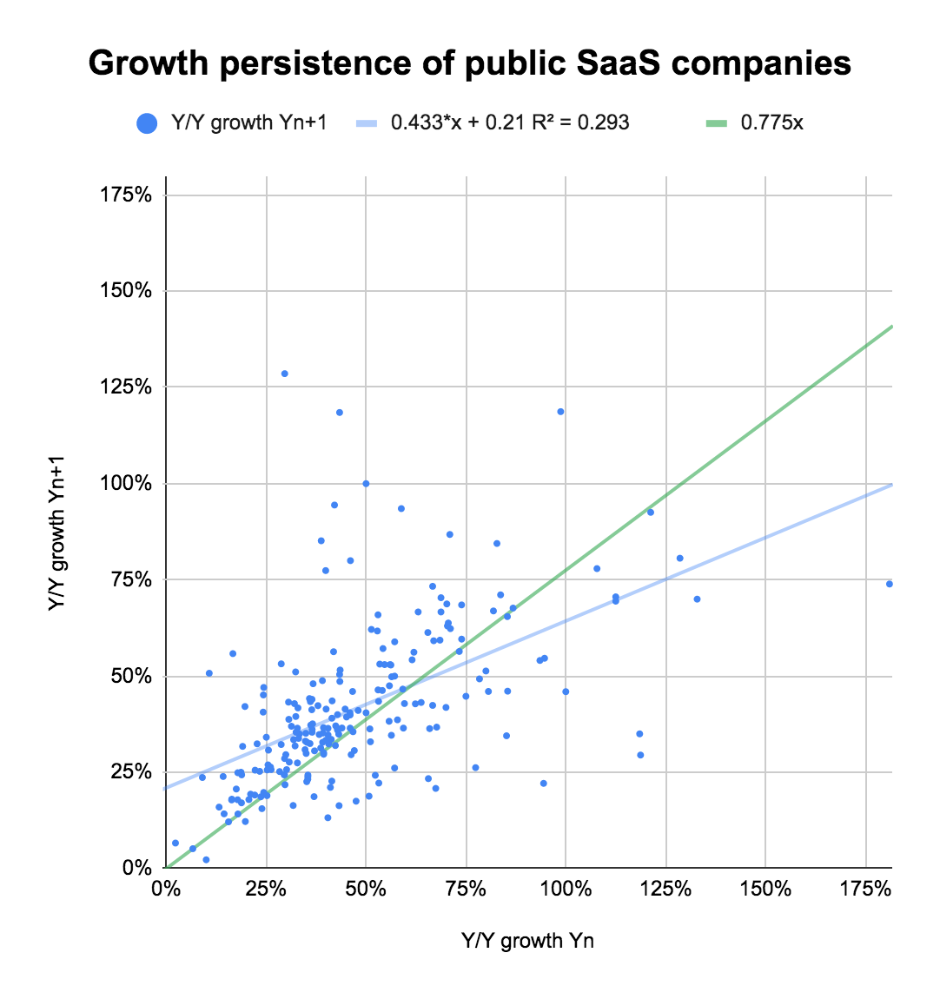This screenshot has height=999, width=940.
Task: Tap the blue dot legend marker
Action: tap(147, 122)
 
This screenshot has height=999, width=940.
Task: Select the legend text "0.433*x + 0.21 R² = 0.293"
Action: tap(510, 122)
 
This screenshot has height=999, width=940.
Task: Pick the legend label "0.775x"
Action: tap(771, 122)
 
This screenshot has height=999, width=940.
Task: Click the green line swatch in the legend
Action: tap(716, 122)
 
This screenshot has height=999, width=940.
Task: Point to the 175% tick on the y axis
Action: tap(127, 195)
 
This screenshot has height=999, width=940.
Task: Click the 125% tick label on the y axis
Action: tap(127, 387)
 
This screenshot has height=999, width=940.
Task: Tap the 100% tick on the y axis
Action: tap(127, 483)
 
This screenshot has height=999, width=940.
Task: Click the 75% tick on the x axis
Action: tap(466, 889)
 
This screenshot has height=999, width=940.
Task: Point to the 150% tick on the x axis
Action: tap(765, 889)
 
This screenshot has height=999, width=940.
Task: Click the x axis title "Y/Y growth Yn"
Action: tap(527, 940)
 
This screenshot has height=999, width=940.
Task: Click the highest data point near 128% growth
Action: tap(284, 374)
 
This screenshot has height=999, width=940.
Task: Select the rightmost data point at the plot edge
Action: tap(889, 584)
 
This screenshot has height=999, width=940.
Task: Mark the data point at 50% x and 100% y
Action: tap(366, 483)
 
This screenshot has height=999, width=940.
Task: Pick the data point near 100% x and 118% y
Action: tap(560, 412)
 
